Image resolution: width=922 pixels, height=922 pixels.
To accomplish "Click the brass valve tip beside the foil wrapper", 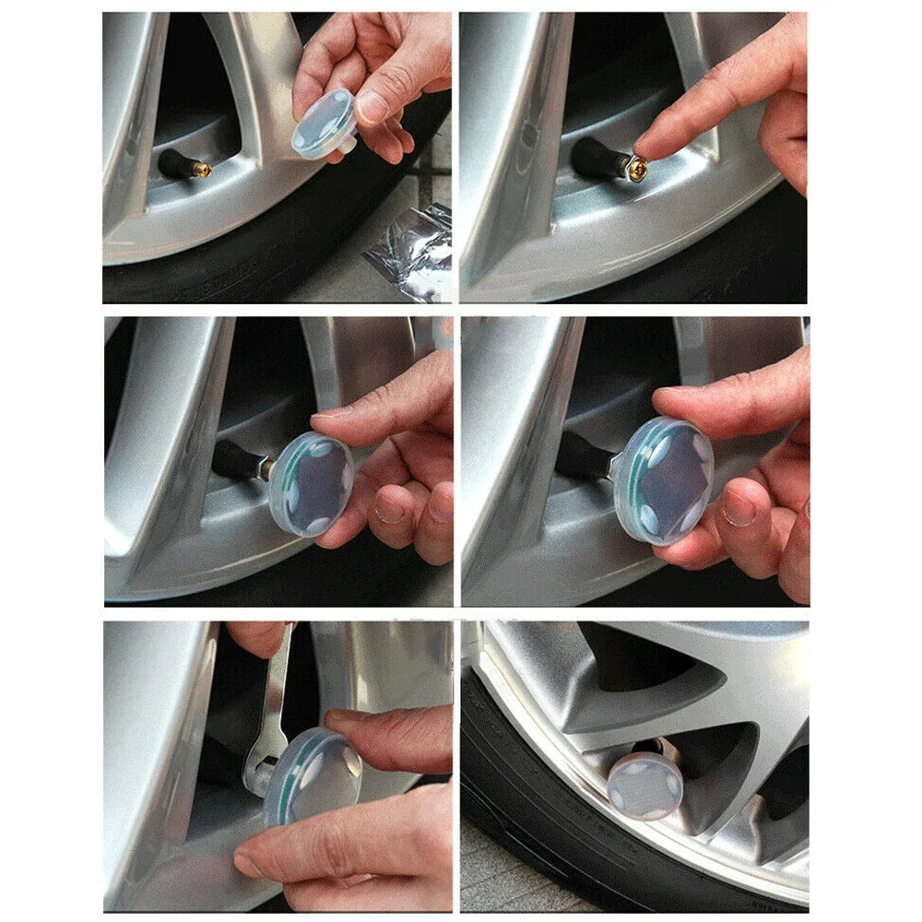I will (202, 170).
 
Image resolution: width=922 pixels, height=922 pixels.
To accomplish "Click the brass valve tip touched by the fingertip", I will (636, 168).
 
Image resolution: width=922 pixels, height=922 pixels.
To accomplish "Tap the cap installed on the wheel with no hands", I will (645, 785).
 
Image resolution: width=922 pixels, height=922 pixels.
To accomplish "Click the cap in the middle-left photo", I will (311, 484).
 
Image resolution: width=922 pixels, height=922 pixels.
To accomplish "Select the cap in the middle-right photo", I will (664, 479).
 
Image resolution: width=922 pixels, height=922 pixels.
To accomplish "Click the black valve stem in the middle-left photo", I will (235, 459).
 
